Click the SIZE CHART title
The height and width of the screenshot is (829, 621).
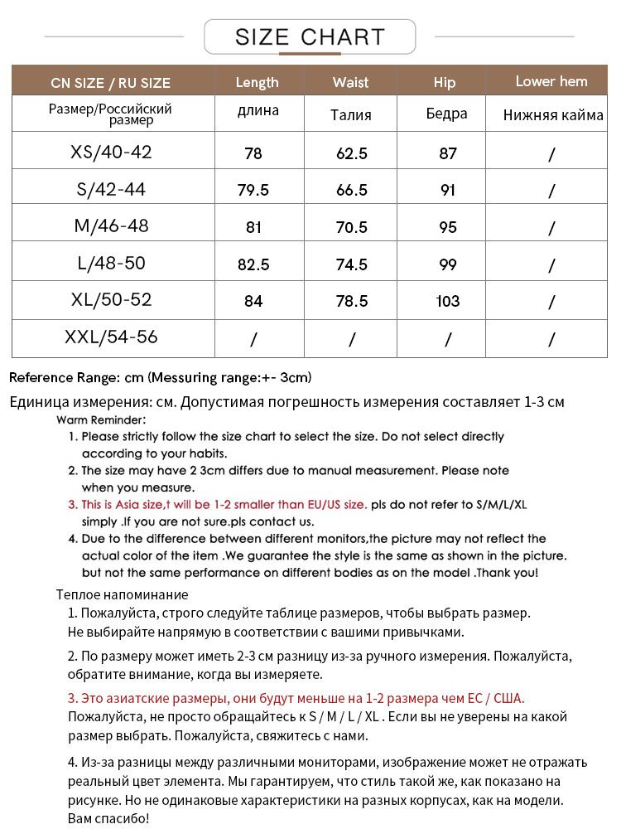pyautogui.click(x=310, y=37)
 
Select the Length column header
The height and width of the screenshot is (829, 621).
pyautogui.click(x=257, y=82)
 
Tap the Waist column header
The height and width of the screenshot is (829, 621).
pyautogui.click(x=350, y=82)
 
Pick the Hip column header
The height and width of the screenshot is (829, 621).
pyautogui.click(x=445, y=82)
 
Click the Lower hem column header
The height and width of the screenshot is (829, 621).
pyautogui.click(x=551, y=81)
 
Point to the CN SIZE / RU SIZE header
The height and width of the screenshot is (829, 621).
pyautogui.click(x=110, y=82)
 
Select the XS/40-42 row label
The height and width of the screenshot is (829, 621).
pyautogui.click(x=111, y=152)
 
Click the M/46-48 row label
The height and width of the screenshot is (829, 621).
pyautogui.click(x=111, y=225)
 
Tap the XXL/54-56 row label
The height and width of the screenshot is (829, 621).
pyautogui.click(x=111, y=337)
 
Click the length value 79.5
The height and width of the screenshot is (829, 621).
pyautogui.click(x=253, y=190)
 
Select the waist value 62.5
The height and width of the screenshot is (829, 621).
pyautogui.click(x=350, y=153)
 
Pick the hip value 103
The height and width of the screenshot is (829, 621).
pyautogui.click(x=447, y=301)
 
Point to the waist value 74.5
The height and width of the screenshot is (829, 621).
pyautogui.click(x=350, y=264)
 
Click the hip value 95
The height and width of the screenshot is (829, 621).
pyautogui.click(x=447, y=227)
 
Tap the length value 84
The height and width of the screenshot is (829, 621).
pyautogui.click(x=253, y=301)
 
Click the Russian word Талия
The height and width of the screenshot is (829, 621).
pyautogui.click(x=350, y=115)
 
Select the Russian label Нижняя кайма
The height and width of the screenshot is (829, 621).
pyautogui.click(x=553, y=115)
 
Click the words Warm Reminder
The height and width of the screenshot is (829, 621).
pyautogui.click(x=101, y=420)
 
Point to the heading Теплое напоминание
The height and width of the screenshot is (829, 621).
pyautogui.click(x=122, y=594)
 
